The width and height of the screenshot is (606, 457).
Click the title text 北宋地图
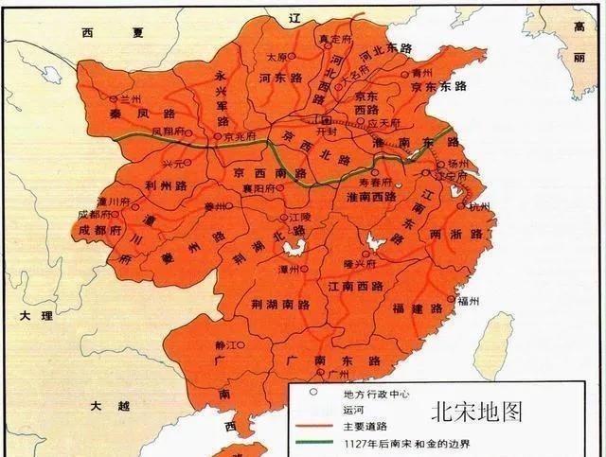point(476,413)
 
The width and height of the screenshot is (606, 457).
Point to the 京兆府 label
point(242,136)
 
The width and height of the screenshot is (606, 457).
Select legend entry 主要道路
point(350,427)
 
